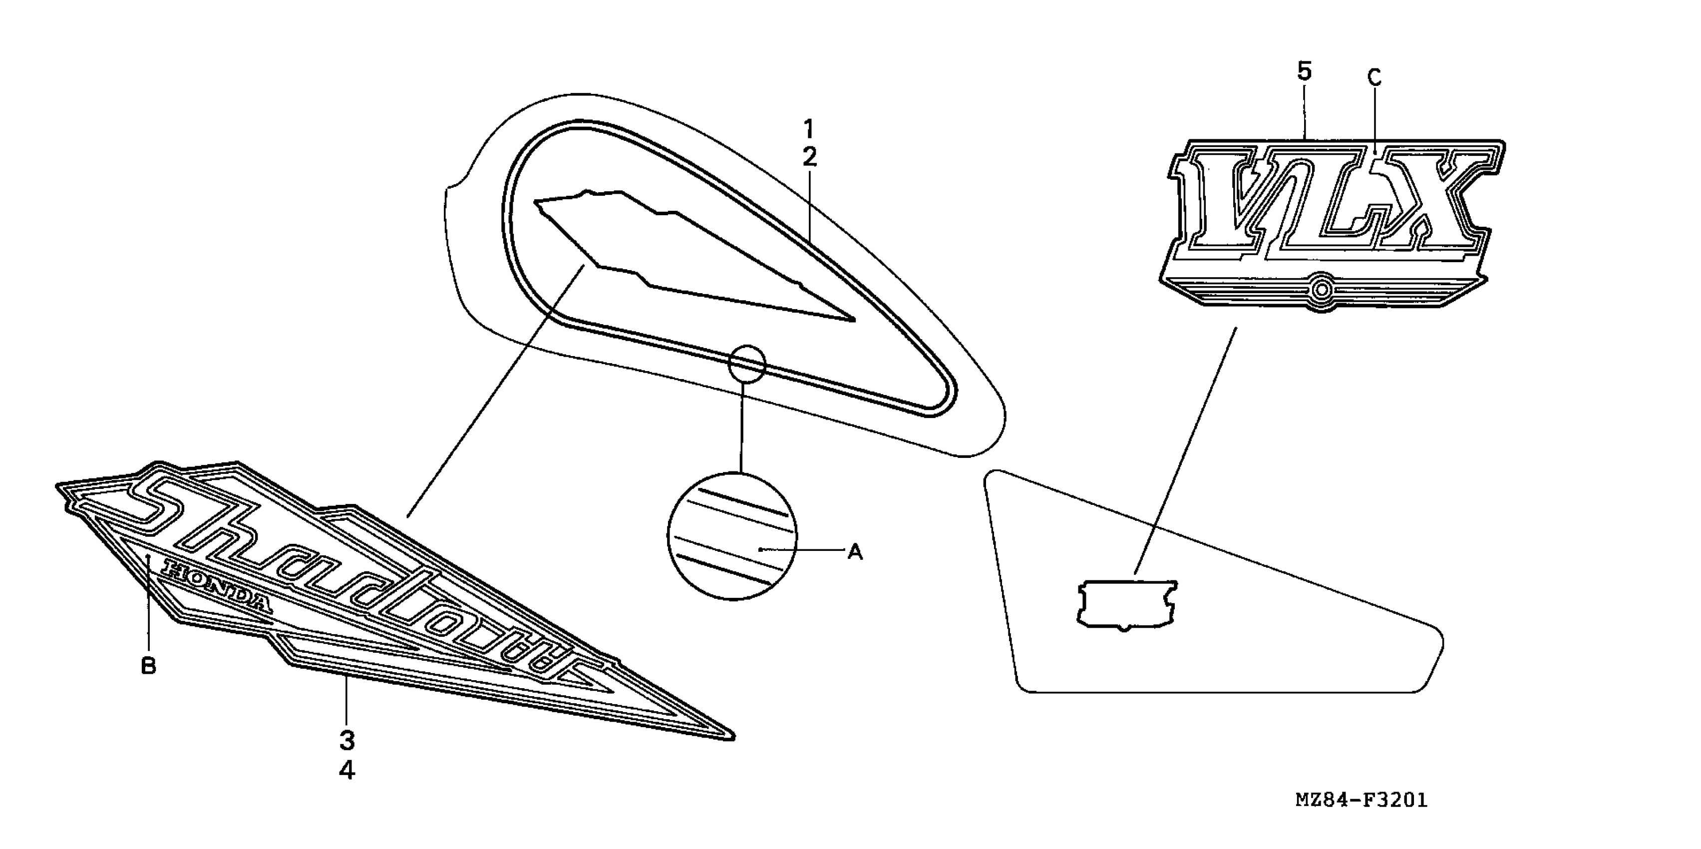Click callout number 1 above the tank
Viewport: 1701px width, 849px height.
809,129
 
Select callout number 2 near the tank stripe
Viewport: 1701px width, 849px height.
809,157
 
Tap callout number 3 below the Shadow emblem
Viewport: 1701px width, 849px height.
347,741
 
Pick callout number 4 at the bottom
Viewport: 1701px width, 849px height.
347,770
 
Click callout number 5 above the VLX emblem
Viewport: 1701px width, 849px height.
1304,71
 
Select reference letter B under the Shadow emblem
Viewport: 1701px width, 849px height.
149,666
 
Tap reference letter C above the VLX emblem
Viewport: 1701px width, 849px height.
1374,78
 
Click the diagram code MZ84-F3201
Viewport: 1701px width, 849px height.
1361,800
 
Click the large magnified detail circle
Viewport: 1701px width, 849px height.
732,536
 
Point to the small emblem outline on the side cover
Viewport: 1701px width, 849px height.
1126,604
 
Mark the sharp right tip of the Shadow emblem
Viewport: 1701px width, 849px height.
731,737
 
